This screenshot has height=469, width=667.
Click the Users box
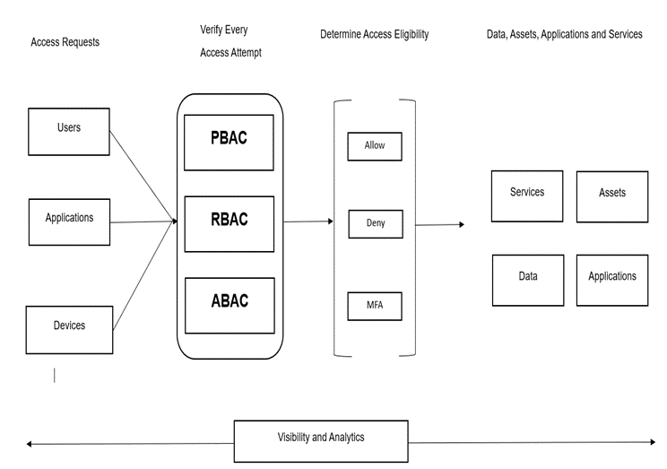[x=69, y=131]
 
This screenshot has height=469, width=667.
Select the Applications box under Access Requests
[x=69, y=221]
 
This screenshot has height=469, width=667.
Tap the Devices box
[x=69, y=329]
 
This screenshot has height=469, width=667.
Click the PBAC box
[x=229, y=142]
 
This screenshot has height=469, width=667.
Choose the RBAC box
[x=229, y=223]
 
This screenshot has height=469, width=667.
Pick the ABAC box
[x=229, y=305]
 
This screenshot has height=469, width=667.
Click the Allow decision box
[x=375, y=146]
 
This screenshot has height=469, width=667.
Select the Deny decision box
[x=375, y=223]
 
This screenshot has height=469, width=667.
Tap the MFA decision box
[x=375, y=306]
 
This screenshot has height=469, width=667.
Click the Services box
[x=527, y=195]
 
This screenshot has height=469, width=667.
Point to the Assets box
[x=611, y=196]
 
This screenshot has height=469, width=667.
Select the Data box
[x=528, y=280]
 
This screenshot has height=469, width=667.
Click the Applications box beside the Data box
[x=611, y=280]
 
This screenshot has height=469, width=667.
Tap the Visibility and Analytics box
[x=320, y=440]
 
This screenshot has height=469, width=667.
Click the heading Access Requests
[x=65, y=42]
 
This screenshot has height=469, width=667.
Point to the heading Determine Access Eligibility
[x=374, y=35]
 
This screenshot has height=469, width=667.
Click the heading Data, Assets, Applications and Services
[x=564, y=35]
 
